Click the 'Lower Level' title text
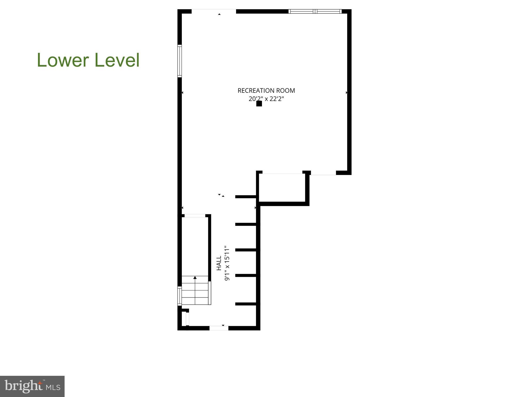[x=88, y=60]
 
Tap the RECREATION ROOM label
[x=266, y=91]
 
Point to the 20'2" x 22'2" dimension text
[x=266, y=99]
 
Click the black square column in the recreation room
[x=259, y=104]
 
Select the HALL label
[x=219, y=263]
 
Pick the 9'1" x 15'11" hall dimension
[x=227, y=263]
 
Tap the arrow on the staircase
[x=195, y=278]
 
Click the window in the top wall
[x=315, y=11]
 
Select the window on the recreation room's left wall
[x=180, y=61]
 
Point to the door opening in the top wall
[x=214, y=11]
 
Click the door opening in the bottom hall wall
[x=219, y=328]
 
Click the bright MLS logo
[x=32, y=386]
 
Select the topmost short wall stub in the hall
[x=245, y=197]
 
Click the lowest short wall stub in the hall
[x=245, y=304]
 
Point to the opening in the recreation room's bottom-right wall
[x=323, y=173]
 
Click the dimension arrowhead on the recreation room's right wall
[x=346, y=92]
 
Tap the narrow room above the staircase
[x=195, y=246]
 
